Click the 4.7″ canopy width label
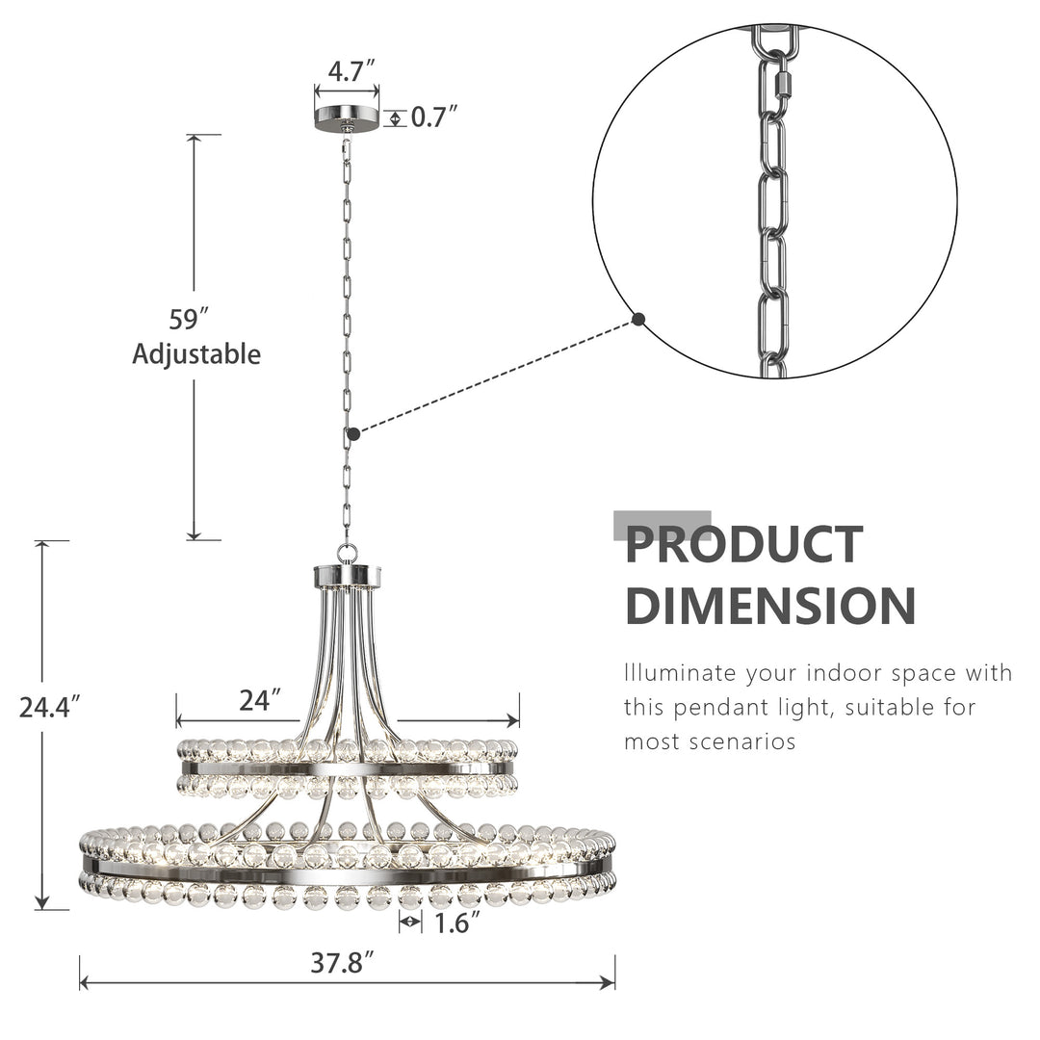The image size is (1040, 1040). click(347, 71)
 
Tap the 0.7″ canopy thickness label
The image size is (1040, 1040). click(433, 117)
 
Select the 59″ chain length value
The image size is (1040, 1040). click(190, 320)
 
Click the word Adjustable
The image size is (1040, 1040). click(196, 354)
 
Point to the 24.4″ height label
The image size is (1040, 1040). click(48, 707)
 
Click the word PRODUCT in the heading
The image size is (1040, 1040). click(743, 545)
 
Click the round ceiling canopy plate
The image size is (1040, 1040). click(347, 117)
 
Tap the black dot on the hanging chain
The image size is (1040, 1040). click(353, 434)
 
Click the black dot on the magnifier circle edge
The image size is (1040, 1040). click(638, 319)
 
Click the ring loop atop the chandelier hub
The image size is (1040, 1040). click(347, 554)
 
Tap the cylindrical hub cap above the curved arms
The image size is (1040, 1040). click(348, 576)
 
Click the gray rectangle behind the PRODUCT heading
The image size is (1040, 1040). click(663, 525)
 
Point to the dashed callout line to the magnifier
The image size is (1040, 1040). click(496, 377)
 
